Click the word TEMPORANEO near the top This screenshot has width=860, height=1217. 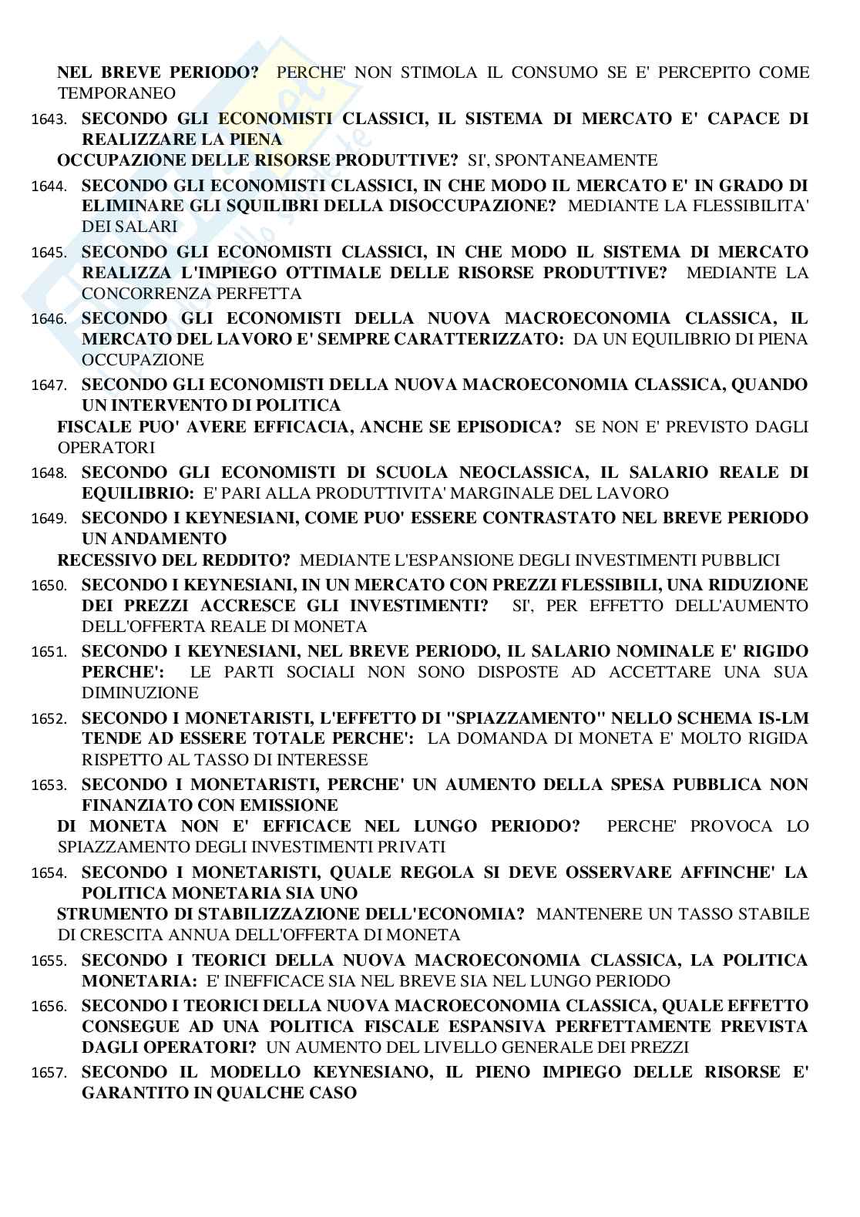116,93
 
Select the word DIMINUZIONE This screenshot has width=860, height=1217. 140,693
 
